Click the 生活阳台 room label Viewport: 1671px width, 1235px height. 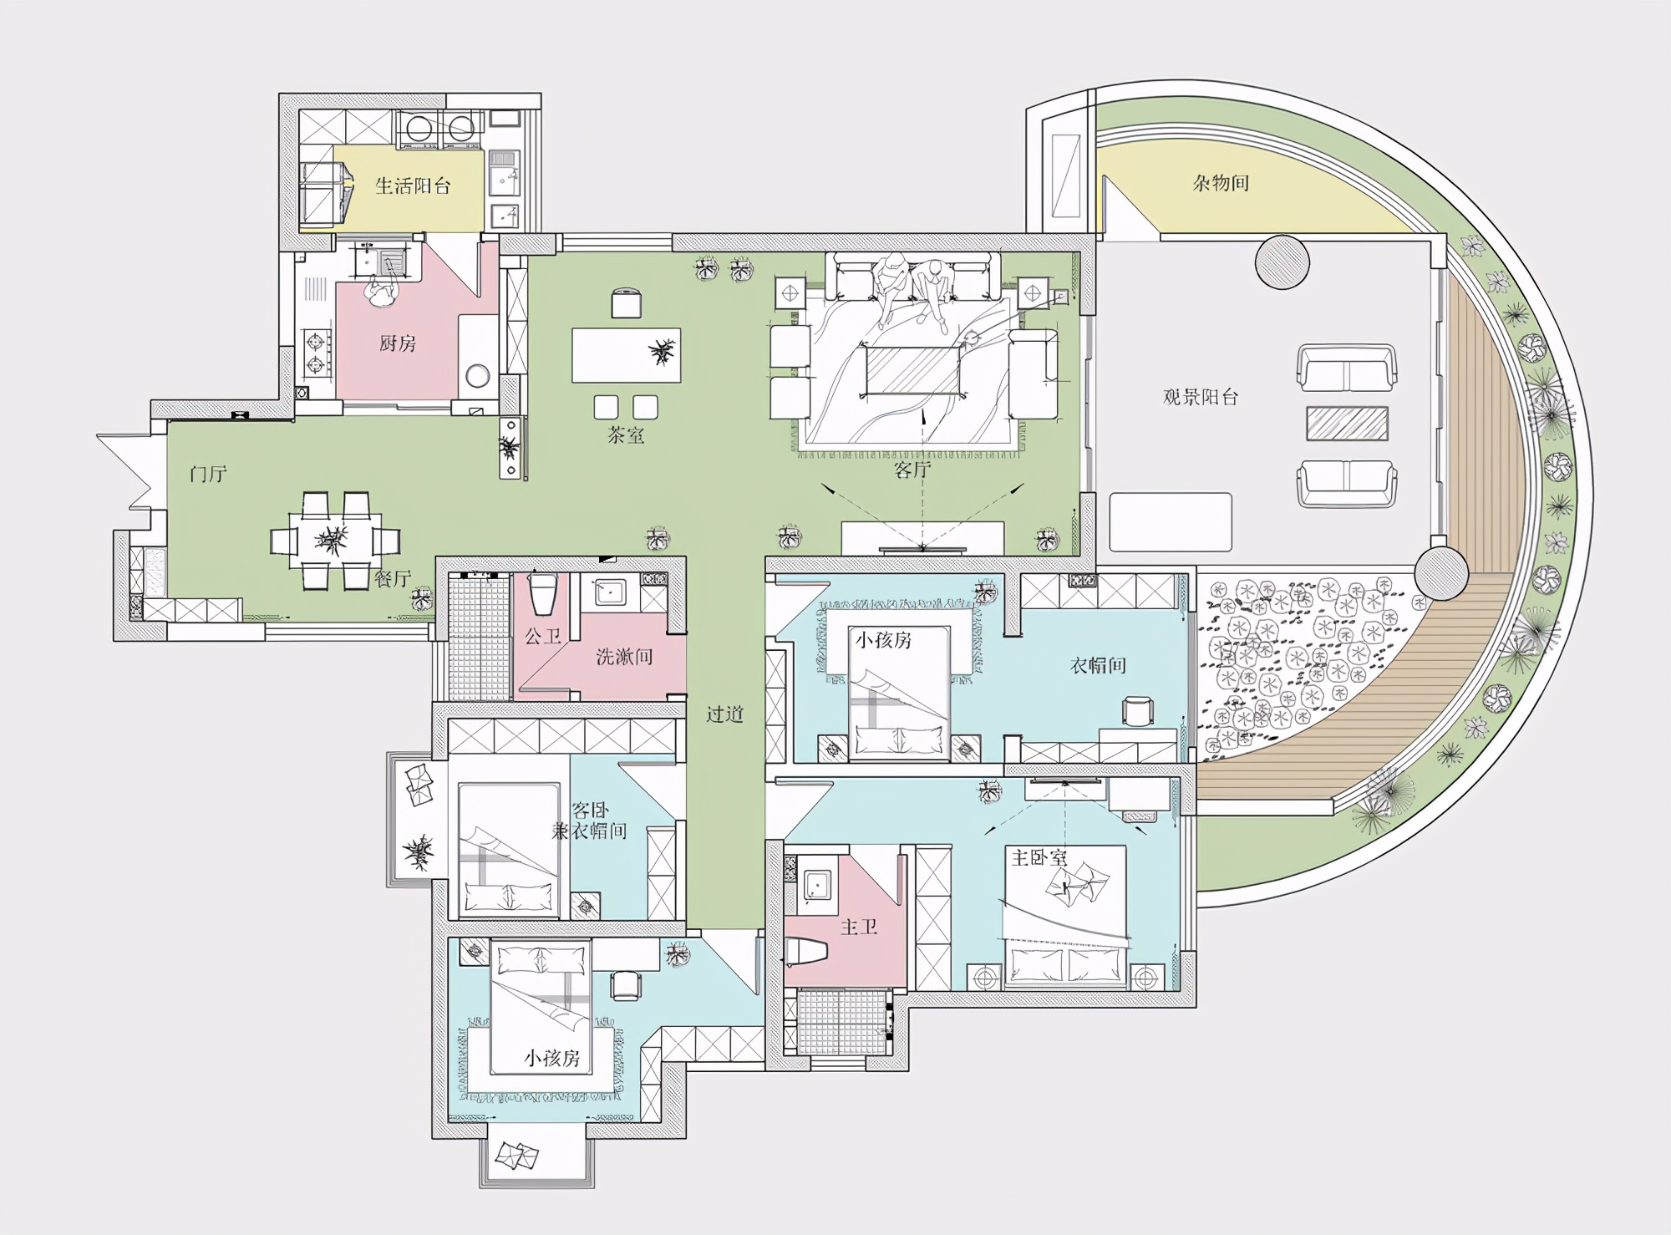point(413,186)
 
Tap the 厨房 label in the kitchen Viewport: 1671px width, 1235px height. point(398,343)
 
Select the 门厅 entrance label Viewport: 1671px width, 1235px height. point(208,475)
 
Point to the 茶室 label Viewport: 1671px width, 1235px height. point(627,435)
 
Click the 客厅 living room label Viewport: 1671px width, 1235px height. point(912,470)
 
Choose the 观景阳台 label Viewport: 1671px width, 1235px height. point(1201,397)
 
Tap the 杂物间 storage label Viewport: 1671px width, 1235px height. point(1221,183)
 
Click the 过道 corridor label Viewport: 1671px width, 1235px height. point(724,714)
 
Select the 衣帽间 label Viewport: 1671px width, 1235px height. point(1098,666)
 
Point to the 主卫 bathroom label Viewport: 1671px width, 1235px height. point(859,927)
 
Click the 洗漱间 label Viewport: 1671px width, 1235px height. point(624,657)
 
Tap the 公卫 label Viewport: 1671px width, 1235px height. point(543,637)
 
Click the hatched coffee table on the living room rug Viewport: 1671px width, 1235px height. point(913,370)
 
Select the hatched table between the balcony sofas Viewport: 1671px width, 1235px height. point(1347,424)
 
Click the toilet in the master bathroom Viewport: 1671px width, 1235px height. point(806,951)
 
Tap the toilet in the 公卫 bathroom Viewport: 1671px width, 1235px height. point(543,594)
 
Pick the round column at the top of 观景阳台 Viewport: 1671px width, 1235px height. point(1282,262)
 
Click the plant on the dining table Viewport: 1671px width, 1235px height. point(332,540)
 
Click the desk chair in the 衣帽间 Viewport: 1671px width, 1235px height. point(1137,712)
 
